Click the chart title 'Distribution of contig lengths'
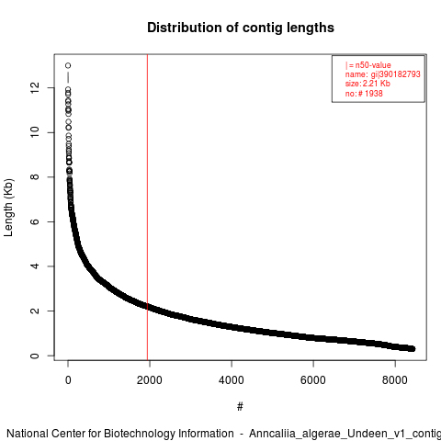coord(241,28)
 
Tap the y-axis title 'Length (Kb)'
coord(8,208)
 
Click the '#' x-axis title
coord(240,406)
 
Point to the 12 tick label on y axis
coord(35,88)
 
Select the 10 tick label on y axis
coord(35,132)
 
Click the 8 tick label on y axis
coord(35,177)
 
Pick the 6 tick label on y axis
coord(35,221)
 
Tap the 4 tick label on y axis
coord(35,266)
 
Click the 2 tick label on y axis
coord(35,311)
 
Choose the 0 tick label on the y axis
coord(35,356)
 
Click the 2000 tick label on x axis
coord(150,380)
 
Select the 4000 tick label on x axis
coord(232,380)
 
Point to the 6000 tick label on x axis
coord(313,380)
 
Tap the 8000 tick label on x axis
coord(395,380)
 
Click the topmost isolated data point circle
coord(68,65)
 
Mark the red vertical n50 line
coord(147,208)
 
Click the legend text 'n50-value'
coord(373,65)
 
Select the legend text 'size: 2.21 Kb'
coord(367,84)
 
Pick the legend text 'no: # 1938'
coord(364,93)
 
